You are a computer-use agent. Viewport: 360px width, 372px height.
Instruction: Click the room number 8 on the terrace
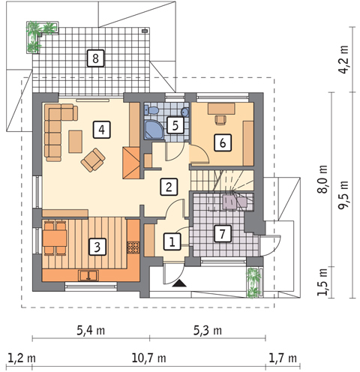pos(95,58)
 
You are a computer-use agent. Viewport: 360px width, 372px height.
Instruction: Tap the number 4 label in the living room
pos(101,130)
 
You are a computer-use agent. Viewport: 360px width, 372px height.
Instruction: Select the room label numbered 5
pos(175,125)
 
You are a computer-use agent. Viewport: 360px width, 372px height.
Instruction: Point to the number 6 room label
pos(223,142)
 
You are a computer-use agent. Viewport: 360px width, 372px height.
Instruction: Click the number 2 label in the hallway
pos(169,187)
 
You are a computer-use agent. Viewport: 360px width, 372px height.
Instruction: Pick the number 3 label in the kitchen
pos(97,247)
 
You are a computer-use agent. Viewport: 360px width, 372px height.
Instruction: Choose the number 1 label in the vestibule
pos(172,241)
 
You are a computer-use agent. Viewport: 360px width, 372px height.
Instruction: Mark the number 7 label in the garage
pos(222,233)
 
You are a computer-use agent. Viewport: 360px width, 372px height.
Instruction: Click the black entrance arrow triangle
pos(179,283)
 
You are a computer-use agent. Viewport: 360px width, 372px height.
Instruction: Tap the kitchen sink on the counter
pos(88,276)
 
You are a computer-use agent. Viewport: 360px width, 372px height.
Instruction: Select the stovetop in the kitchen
pos(133,247)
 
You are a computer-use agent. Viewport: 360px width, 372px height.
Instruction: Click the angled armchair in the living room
pos(93,160)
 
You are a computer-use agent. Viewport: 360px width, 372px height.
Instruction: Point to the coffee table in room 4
pos(76,141)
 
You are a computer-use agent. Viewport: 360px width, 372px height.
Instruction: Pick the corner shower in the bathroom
pos(154,130)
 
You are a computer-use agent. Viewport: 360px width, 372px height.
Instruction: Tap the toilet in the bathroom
pos(151,110)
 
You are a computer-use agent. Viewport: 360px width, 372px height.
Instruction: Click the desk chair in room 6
pos(220,119)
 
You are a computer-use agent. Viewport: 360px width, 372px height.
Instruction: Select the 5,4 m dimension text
pos(91,331)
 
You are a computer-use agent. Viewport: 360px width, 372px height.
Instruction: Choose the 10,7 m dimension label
pos(148,358)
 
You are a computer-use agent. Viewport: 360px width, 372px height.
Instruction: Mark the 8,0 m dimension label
pos(322,179)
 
